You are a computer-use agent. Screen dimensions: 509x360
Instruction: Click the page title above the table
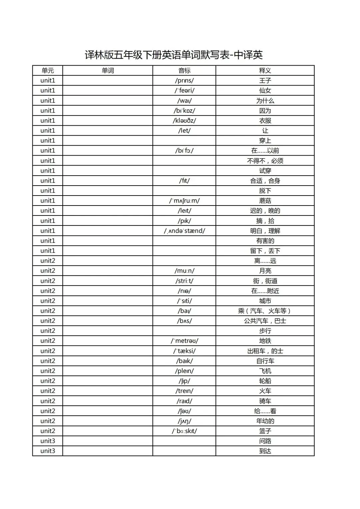(x=174, y=55)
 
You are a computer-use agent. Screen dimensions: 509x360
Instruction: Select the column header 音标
(x=184, y=71)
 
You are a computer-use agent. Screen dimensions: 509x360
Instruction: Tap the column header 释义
(x=265, y=71)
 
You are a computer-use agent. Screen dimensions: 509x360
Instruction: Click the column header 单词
(x=108, y=71)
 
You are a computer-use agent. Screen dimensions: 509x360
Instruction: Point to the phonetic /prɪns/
(x=184, y=81)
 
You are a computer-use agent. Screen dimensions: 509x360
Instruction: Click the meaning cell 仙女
(x=265, y=91)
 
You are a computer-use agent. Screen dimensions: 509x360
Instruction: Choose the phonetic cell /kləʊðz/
(x=184, y=121)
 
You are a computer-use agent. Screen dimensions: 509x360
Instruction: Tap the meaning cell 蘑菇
(x=265, y=201)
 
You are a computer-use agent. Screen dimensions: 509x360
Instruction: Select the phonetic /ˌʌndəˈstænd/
(x=184, y=231)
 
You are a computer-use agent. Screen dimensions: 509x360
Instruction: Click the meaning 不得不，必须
(x=265, y=161)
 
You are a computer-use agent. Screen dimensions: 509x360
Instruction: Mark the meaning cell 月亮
(x=265, y=271)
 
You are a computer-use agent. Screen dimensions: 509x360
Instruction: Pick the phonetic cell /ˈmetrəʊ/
(x=184, y=341)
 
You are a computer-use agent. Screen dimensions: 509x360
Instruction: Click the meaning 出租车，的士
(x=265, y=351)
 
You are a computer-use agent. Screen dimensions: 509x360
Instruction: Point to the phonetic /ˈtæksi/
(x=184, y=351)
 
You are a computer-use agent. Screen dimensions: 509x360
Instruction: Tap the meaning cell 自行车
(x=265, y=361)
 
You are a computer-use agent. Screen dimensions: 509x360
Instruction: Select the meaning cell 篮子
(x=265, y=431)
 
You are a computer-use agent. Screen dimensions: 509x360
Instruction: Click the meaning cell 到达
(x=265, y=451)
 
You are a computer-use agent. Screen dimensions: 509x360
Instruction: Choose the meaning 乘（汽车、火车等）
(x=265, y=311)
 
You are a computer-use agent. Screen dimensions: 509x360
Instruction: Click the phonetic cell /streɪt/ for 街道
(x=184, y=281)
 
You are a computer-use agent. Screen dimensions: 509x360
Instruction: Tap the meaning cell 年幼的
(x=265, y=421)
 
